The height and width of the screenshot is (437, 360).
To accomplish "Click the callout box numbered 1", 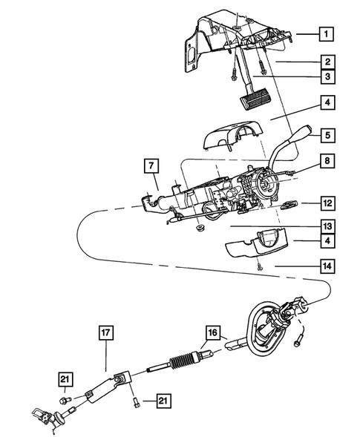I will pos(325,33).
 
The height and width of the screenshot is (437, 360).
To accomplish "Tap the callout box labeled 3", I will pos(325,76).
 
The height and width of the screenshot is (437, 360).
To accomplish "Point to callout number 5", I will pos(325,136).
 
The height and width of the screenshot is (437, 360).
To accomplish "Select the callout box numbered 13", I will pos(325,226).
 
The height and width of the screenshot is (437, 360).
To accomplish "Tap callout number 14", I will pos(325,263).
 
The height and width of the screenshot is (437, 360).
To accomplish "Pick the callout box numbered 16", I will pos(212,333).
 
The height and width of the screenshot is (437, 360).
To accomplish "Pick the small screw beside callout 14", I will pos(258,267).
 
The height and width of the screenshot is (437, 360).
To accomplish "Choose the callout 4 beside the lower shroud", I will pos(325,241).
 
